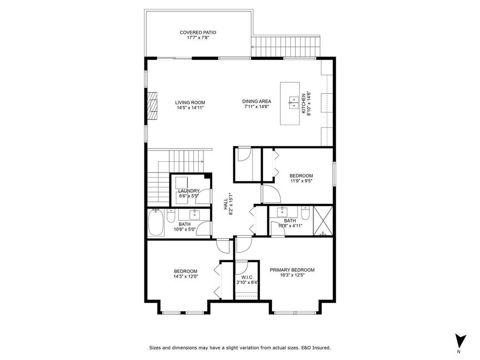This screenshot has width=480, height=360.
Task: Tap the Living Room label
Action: tap(190, 102)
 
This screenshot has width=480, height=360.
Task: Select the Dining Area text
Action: tap(256, 101)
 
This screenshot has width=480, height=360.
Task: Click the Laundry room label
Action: tap(189, 191)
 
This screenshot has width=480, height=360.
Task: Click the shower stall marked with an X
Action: tap(322, 220)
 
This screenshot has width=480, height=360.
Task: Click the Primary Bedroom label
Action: tap(292, 270)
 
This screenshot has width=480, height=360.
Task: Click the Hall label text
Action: tap(225, 203)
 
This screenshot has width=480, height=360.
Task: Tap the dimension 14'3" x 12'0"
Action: tap(185, 277)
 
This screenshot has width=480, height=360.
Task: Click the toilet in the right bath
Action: tap(305, 214)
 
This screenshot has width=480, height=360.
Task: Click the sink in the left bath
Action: tap(195, 215)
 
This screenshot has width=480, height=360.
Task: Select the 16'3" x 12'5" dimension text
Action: tap(292, 276)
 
